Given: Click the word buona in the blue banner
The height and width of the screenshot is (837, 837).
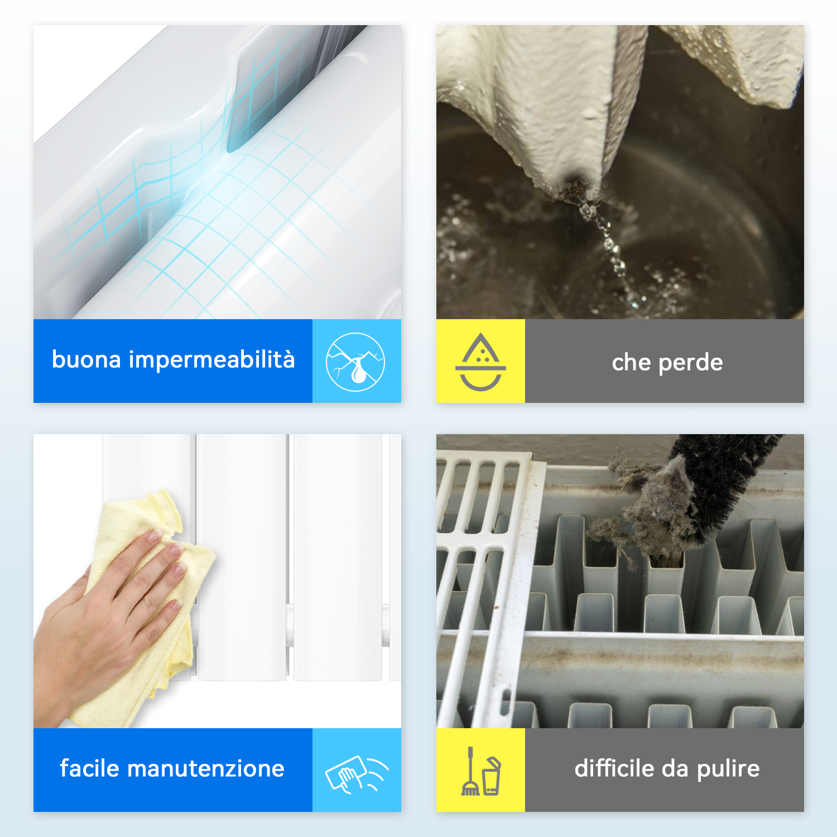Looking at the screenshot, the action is [x=86, y=359].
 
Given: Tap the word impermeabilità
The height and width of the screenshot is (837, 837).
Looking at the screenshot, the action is [x=211, y=360].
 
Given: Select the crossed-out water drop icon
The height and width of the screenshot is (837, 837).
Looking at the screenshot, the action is [x=355, y=362].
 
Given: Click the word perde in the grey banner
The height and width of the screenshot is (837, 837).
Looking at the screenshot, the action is [x=691, y=363].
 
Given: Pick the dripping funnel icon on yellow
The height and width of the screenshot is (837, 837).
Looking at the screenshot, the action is [x=480, y=362].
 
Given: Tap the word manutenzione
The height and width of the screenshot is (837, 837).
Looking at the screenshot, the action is [x=206, y=769].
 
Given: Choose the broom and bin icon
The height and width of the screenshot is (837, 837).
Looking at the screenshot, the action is [x=480, y=771].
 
